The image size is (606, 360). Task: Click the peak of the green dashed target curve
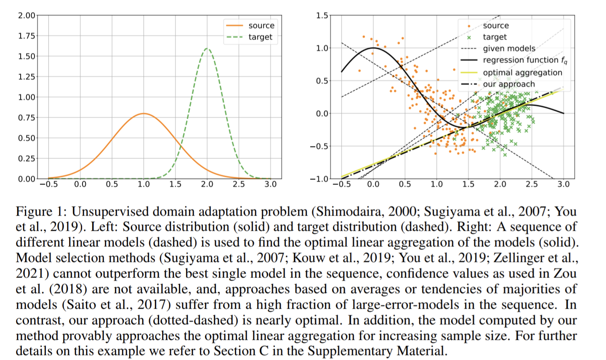(x=207, y=48)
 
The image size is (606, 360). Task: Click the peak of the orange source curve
(x=144, y=114)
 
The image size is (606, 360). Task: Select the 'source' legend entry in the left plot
(x=261, y=26)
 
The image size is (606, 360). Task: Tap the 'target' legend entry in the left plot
(x=260, y=37)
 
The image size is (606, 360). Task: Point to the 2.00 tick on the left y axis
(x=27, y=16)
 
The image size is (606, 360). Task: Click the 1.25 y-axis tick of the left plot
(x=27, y=77)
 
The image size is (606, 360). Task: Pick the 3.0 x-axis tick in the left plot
(x=270, y=184)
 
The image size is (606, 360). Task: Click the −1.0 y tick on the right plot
(x=319, y=179)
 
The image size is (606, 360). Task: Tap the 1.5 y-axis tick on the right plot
(x=322, y=16)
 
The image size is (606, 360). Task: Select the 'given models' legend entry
(x=509, y=48)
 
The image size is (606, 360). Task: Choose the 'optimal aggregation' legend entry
(x=522, y=72)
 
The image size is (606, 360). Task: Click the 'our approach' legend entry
(x=509, y=84)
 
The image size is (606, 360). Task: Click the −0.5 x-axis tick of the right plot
(x=341, y=184)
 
